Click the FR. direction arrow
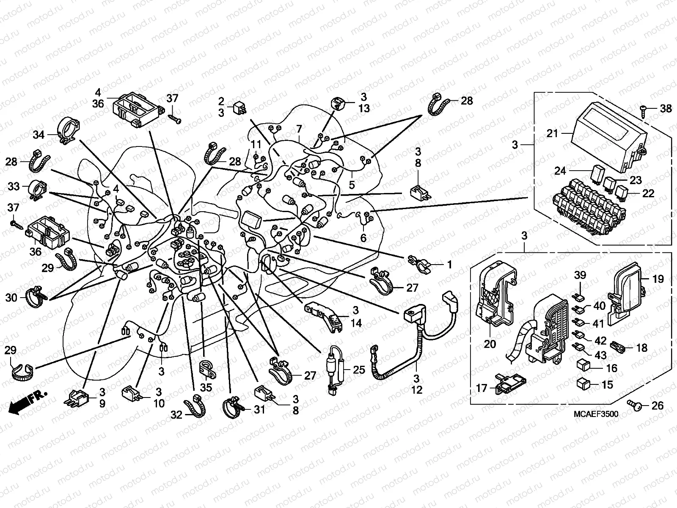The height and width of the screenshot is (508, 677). coord(26,403)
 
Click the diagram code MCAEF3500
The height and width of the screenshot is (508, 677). coord(595,414)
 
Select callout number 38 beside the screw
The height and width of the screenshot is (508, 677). coord(666,109)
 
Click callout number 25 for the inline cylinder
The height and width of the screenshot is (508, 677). coord(359,370)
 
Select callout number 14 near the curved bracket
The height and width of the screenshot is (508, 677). coord(356,323)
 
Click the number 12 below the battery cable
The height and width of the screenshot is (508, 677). coord(417,389)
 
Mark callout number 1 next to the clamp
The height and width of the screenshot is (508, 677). coord(449,265)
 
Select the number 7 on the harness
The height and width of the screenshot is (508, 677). coord(299,128)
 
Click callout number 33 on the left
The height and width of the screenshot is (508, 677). coord(14,186)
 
